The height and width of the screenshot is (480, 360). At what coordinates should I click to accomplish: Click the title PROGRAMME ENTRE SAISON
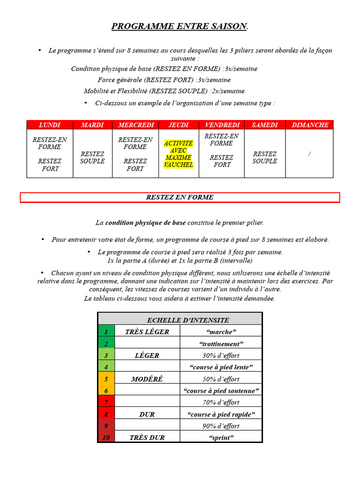[x=180, y=26]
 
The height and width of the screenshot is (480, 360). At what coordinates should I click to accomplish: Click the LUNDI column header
[x=50, y=125]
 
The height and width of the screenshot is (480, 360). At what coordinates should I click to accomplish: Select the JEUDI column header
[x=179, y=125]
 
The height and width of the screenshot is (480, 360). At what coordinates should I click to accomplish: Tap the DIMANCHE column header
[x=310, y=125]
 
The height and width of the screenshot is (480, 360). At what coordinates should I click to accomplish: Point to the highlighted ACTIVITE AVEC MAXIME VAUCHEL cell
[x=179, y=154]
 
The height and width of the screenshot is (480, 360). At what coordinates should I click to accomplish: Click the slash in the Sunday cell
[x=309, y=154]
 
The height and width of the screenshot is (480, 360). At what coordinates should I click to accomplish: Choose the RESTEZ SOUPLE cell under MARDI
[x=92, y=157]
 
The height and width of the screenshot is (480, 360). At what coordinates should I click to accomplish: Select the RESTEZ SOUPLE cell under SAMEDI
[x=265, y=157]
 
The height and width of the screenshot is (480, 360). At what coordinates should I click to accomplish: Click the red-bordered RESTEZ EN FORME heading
[x=180, y=197]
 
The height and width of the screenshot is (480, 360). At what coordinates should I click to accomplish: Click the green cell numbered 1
[x=106, y=332]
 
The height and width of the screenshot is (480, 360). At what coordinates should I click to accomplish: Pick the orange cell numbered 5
[x=106, y=379]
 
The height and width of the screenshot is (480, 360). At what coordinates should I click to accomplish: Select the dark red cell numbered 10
[x=106, y=438]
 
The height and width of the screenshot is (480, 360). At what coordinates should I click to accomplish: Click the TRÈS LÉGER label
[x=147, y=332]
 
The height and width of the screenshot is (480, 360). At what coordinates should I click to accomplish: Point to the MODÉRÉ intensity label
[x=147, y=379]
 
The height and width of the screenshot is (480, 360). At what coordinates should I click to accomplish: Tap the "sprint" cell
[x=221, y=438]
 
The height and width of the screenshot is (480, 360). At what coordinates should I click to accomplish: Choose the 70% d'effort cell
[x=221, y=402]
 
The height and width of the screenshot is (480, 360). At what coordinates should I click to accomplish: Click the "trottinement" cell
[x=221, y=344]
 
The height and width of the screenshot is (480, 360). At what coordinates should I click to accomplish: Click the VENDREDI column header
[x=222, y=125]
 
